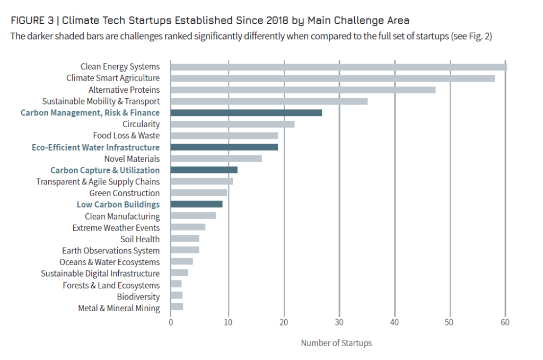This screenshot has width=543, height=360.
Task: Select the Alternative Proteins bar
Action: point(303,90)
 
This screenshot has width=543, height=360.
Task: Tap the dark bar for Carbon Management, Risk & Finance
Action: point(246,113)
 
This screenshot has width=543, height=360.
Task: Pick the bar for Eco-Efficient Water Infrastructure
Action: point(224,147)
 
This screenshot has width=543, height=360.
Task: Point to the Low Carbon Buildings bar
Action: point(196,204)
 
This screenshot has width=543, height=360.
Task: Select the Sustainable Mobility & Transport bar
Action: point(269,101)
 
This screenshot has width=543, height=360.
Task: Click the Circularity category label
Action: point(141,124)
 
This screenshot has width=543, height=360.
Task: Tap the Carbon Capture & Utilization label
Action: point(105,170)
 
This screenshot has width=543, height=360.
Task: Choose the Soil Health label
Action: point(140,239)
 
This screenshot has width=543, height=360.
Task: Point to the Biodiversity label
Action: point(138,297)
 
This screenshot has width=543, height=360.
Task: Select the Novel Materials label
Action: point(132,159)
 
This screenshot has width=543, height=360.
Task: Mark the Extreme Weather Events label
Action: point(116,227)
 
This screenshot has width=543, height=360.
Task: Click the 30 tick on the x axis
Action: point(339,322)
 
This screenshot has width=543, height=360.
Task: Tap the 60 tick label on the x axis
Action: point(505,322)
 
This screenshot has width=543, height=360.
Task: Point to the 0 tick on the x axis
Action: point(171,322)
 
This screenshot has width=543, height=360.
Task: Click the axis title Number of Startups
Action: point(336,343)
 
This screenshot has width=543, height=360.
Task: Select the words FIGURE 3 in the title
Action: point(33,21)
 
